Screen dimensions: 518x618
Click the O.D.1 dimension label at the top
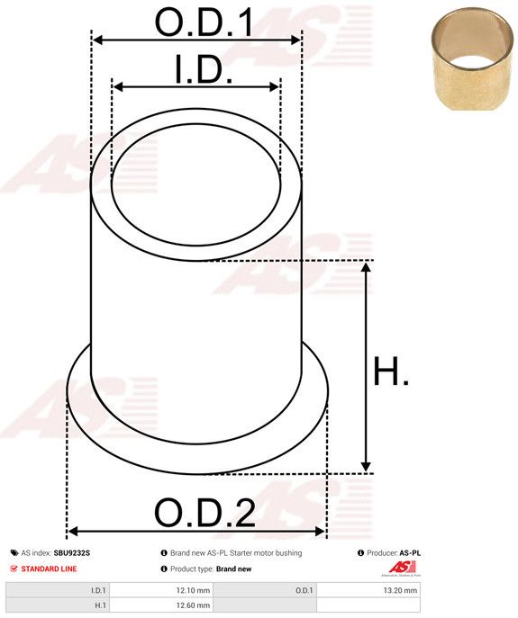click(x=204, y=22)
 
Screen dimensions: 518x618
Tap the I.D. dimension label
click(x=204, y=69)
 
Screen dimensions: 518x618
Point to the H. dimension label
click(x=390, y=371)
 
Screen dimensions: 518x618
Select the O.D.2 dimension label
click(x=204, y=512)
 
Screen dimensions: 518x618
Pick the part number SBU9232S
click(x=72, y=553)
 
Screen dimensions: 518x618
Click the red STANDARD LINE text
click(x=49, y=569)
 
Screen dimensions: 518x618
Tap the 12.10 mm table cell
click(x=193, y=590)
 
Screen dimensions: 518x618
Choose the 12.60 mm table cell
click(x=193, y=605)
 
